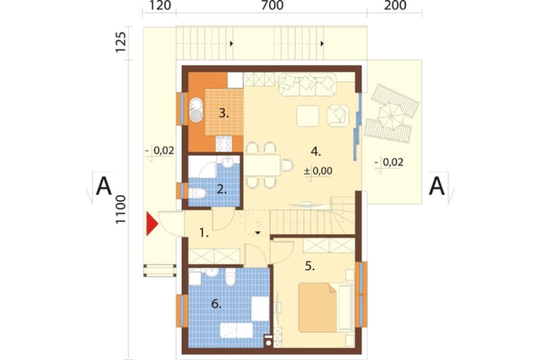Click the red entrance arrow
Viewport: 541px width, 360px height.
151,224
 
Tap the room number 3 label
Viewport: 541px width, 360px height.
224,113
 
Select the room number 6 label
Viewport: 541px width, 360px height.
216,304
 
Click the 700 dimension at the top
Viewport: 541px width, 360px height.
272,5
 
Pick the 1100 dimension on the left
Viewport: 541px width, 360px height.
121,210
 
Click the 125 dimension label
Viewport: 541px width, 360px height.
121,42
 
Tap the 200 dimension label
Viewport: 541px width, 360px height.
395,5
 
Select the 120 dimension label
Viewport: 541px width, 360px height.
160,5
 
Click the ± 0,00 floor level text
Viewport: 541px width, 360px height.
318,171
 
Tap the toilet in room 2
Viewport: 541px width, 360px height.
197,193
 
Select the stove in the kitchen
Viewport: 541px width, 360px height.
223,143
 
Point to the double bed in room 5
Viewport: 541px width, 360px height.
317,307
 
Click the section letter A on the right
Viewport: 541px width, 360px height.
437,186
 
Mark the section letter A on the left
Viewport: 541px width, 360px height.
104,186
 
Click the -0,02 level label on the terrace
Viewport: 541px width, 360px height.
389,162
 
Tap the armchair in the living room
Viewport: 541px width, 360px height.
338,115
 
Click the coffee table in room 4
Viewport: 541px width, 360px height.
307,116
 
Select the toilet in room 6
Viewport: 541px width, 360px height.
230,277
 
